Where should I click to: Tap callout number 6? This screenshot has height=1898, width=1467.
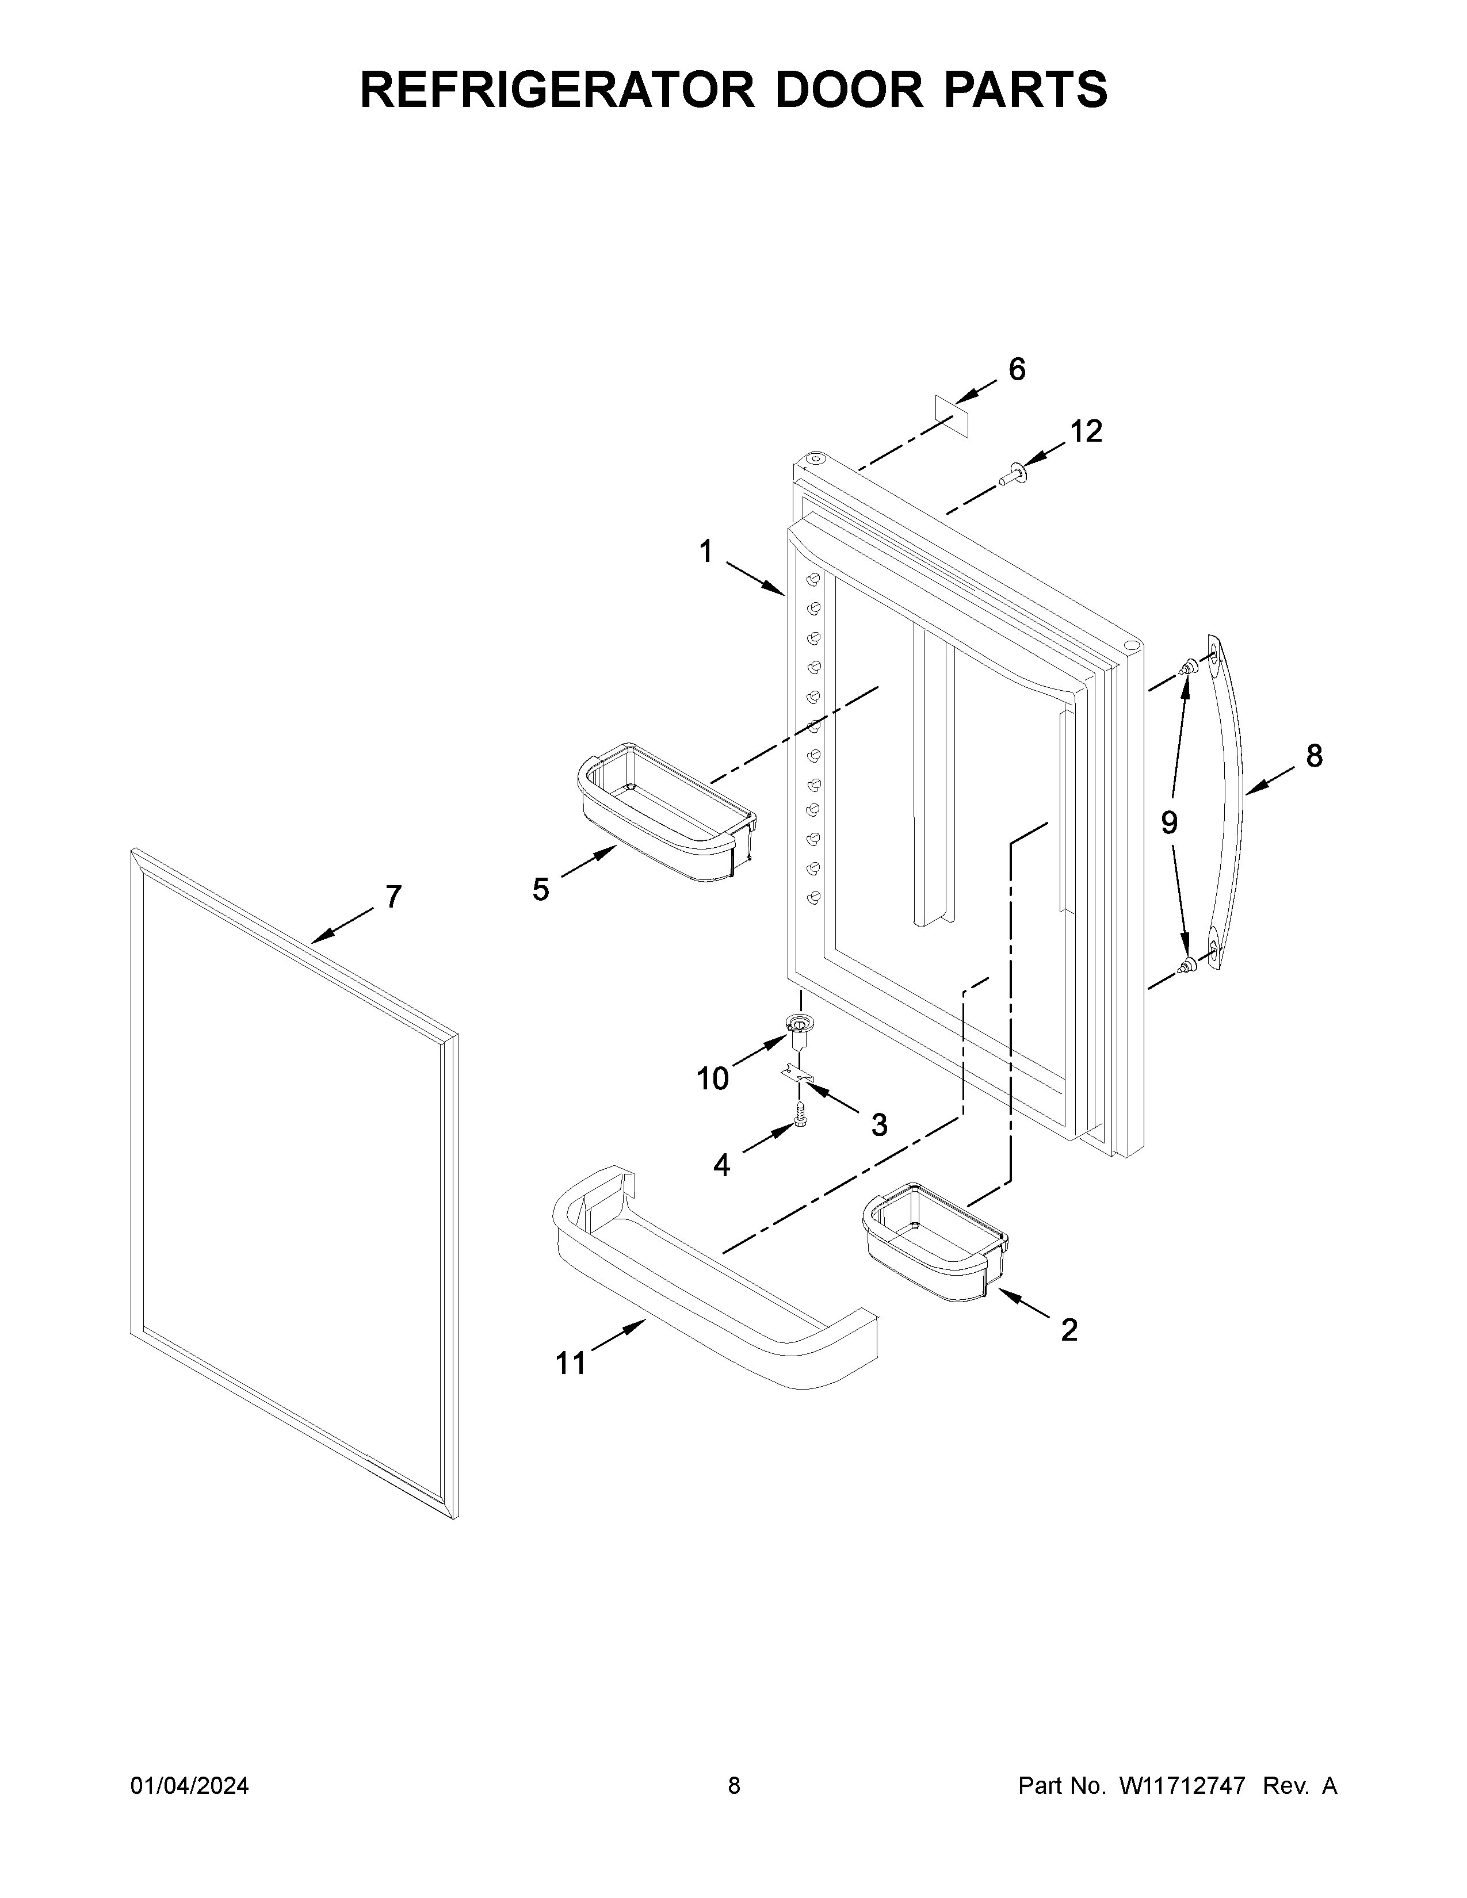pos(1016,369)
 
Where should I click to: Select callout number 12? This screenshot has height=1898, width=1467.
pos(1086,431)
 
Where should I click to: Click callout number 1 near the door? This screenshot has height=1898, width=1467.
pos(706,551)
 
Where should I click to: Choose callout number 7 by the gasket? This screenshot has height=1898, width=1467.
pos(393,896)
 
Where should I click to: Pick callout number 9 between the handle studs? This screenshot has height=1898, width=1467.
pos(1169,822)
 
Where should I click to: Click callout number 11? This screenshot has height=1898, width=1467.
pos(571,1364)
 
